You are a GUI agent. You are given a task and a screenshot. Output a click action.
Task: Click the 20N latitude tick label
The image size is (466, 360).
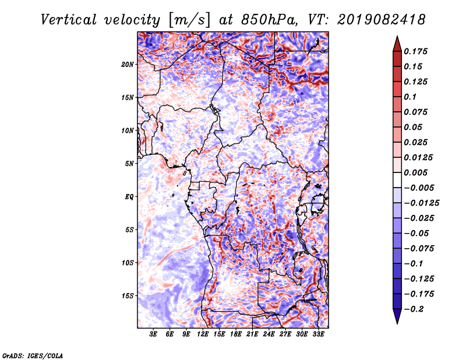[128, 64]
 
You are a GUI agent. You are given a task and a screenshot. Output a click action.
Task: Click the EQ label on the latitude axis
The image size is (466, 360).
[129, 196]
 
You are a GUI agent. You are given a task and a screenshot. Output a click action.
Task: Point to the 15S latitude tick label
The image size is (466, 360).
[128, 295]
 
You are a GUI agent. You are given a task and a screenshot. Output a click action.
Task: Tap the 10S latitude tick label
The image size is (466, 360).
[128, 263]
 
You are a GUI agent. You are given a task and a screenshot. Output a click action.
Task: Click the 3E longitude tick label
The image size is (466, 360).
[154, 334]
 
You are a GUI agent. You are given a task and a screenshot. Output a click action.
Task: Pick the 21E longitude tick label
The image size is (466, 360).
[252, 334]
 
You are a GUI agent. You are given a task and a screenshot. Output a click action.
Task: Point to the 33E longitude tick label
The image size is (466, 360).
[318, 334]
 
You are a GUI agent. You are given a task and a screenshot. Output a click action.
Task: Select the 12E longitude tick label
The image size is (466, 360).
[203, 334]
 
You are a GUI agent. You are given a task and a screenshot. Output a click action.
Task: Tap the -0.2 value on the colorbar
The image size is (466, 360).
[416, 309]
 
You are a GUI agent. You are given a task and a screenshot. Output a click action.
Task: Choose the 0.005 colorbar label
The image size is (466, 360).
[418, 172]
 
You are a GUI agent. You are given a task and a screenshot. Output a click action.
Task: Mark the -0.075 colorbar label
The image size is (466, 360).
[420, 248]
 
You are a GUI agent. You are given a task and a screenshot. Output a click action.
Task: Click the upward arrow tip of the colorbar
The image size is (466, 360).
[396, 37]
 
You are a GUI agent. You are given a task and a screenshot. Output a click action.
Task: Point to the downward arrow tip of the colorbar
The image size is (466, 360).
[396, 322]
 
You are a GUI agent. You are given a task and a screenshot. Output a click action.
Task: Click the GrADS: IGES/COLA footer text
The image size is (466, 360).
[32, 355]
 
